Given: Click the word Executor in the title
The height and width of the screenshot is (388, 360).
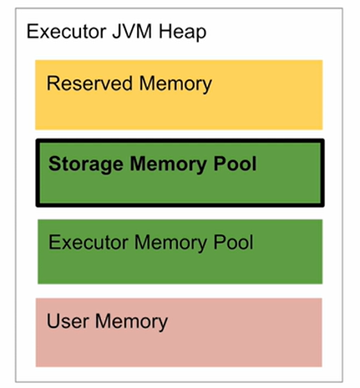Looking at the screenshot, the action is pyautogui.click(x=67, y=31).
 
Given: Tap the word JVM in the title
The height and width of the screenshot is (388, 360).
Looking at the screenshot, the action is pyautogui.click(x=132, y=31).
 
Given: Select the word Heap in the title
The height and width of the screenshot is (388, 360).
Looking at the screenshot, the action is pyautogui.click(x=183, y=32).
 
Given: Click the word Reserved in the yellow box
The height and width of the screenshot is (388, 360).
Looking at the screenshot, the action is pyautogui.click(x=89, y=83).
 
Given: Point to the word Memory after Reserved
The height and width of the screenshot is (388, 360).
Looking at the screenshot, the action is pyautogui.click(x=175, y=84).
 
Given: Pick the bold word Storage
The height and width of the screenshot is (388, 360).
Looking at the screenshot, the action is pyautogui.click(x=86, y=164).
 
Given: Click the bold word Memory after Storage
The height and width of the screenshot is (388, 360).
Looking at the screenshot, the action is pyautogui.click(x=168, y=164).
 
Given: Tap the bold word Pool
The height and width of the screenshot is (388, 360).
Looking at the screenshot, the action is pyautogui.click(x=235, y=164).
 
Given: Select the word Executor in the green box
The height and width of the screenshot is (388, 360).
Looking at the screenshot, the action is pyautogui.click(x=89, y=242).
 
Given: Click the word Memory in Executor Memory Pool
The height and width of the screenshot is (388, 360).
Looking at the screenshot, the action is pyautogui.click(x=170, y=244).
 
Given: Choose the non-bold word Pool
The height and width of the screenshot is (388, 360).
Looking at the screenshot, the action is pyautogui.click(x=233, y=242).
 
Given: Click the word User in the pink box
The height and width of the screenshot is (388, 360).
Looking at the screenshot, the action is pyautogui.click(x=68, y=321).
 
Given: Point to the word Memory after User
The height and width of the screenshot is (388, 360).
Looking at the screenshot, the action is pyautogui.click(x=131, y=322).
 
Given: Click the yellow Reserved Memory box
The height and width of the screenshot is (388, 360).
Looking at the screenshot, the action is pyautogui.click(x=179, y=95).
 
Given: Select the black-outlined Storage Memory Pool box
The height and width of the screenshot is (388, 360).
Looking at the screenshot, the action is pyautogui.click(x=180, y=173).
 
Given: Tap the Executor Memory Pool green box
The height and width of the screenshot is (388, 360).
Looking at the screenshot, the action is pyautogui.click(x=180, y=252).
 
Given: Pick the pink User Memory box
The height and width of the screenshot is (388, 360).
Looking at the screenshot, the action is pyautogui.click(x=179, y=332).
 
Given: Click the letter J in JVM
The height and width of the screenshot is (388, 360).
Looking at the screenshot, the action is pyautogui.click(x=116, y=32).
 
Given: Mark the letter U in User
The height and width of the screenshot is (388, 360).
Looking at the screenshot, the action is pyautogui.click(x=53, y=321).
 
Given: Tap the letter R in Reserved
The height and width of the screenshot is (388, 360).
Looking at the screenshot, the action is pyautogui.click(x=53, y=83).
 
